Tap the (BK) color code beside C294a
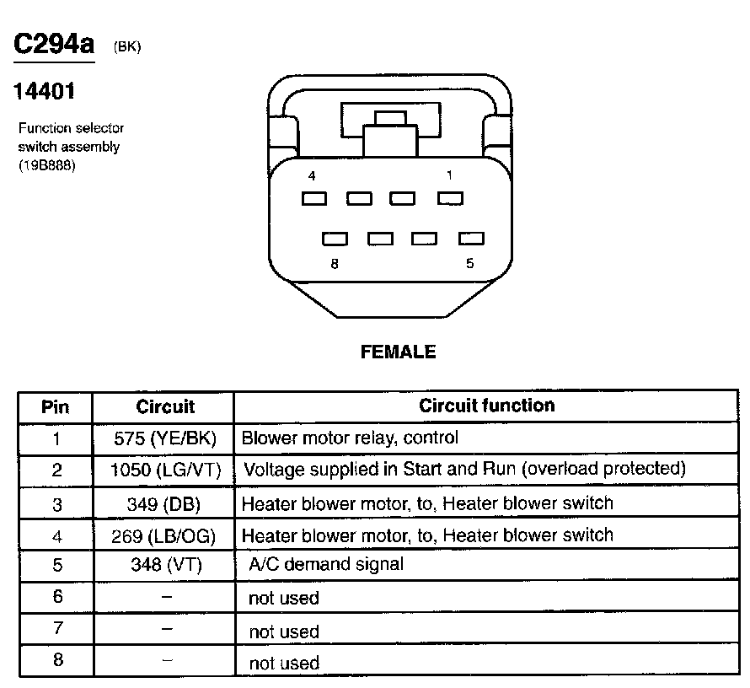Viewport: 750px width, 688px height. [x=126, y=47]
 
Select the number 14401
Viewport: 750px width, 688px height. [x=44, y=91]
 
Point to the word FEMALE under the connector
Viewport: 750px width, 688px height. [x=398, y=352]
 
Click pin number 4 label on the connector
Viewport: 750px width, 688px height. [x=313, y=176]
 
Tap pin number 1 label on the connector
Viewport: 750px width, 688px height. [x=449, y=175]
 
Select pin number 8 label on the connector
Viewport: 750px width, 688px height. [x=335, y=263]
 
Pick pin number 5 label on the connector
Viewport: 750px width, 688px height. [x=469, y=263]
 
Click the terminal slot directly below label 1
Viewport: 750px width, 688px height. [x=451, y=199]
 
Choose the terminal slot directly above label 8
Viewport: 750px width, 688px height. [x=335, y=239]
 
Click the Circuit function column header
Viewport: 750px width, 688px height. [x=487, y=406]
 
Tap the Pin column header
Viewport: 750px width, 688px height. [x=56, y=407]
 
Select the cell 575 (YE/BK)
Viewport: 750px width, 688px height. [x=164, y=438]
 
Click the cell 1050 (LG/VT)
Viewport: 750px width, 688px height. [x=165, y=470]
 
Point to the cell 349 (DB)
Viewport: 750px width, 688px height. [x=164, y=503]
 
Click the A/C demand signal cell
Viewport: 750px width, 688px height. [x=326, y=564]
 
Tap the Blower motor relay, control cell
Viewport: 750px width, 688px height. [x=350, y=438]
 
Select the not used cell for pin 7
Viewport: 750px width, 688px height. [x=284, y=632]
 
